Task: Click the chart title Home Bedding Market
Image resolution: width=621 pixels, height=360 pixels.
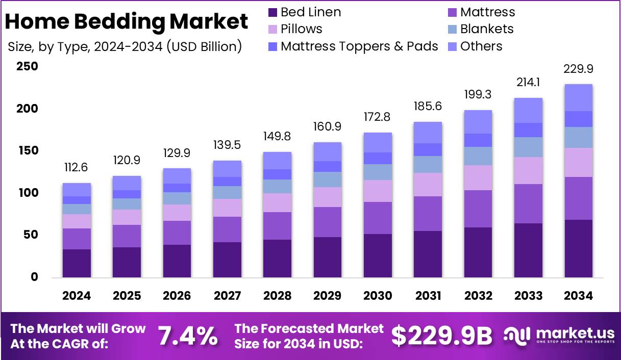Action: (127, 22)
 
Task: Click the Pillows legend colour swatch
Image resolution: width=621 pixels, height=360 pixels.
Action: (272, 30)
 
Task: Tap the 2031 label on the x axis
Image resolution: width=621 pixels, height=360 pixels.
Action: (428, 296)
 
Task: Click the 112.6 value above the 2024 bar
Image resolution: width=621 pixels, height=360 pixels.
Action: (77, 168)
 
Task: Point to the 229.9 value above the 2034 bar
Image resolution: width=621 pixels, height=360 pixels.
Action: (578, 69)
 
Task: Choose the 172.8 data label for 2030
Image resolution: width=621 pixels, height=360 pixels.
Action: (378, 117)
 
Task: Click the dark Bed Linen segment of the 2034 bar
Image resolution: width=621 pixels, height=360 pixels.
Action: (578, 249)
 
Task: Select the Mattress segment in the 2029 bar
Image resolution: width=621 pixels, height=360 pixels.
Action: (327, 222)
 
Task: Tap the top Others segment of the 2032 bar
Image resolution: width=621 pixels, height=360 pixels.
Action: (478, 122)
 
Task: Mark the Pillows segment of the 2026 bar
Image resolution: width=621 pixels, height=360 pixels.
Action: (177, 213)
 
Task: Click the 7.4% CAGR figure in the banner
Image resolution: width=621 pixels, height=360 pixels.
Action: (187, 336)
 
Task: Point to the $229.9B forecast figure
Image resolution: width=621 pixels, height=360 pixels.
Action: (441, 336)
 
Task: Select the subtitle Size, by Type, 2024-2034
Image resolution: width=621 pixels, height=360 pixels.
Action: (125, 47)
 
